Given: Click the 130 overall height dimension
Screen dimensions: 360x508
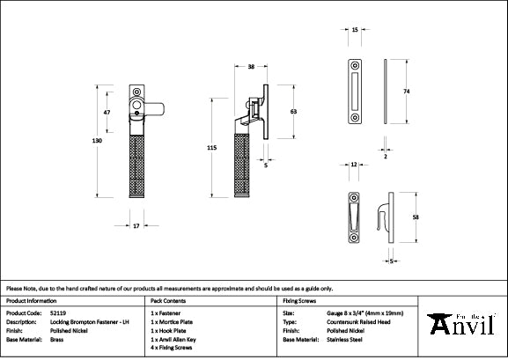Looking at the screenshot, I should (98, 142).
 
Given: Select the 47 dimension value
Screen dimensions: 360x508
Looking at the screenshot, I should (107, 113).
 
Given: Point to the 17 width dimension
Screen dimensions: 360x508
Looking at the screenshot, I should (136, 226).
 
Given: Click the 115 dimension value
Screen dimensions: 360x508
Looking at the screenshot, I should (210, 150).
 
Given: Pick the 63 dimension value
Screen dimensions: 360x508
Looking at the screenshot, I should (291, 112).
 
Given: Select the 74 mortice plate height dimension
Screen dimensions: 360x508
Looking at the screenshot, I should (408, 91).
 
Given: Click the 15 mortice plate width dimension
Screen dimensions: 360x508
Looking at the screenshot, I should (354, 30).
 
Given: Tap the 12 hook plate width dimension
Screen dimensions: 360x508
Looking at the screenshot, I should (352, 165).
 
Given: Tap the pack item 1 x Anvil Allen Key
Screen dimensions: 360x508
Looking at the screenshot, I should (180, 339).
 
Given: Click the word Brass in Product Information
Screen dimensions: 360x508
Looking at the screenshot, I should (57, 339).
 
